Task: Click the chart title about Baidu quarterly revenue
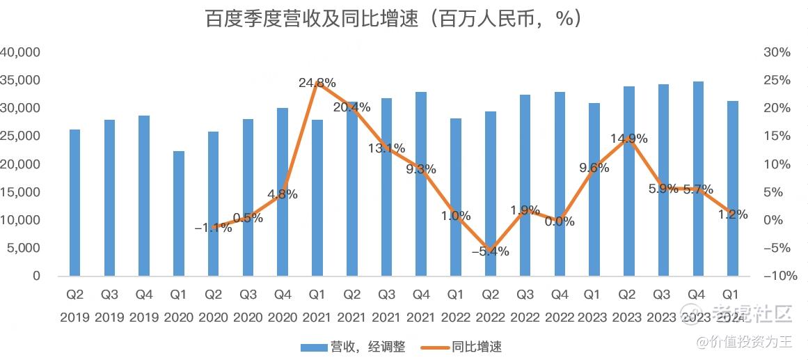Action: (393, 19)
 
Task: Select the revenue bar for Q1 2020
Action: (179, 213)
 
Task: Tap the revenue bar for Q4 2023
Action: (699, 178)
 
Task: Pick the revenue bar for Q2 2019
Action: (75, 203)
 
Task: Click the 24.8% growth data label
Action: (317, 83)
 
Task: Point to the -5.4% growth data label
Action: (490, 251)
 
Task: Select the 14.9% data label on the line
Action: (629, 138)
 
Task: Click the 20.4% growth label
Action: (352, 107)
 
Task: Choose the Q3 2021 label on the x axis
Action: (386, 306)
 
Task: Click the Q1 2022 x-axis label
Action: (456, 306)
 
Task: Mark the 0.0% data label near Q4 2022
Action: (560, 221)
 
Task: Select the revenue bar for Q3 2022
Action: (525, 185)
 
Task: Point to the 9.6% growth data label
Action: (594, 168)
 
